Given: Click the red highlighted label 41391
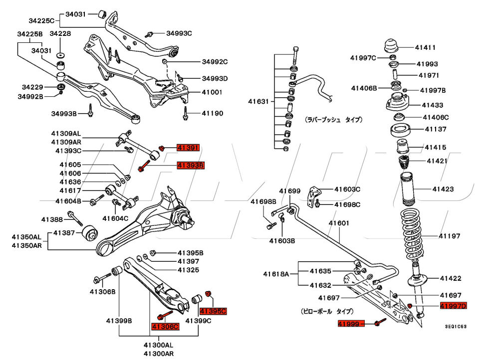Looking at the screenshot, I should tap(189, 148).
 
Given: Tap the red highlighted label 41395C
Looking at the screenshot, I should tap(213, 311).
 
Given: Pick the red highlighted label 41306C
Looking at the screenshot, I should tap(165, 327).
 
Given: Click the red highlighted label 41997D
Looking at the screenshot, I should tap(453, 306).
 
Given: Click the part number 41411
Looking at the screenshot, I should tap(426, 48).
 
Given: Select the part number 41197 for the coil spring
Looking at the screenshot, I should tap(450, 236).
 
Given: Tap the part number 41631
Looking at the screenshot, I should tap(258, 102).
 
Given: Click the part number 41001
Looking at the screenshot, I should tap(212, 93).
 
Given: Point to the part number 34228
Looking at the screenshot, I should tap(60, 33).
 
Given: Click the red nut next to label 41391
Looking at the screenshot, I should tap(162, 147).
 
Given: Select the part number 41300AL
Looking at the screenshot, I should tap(158, 345).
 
